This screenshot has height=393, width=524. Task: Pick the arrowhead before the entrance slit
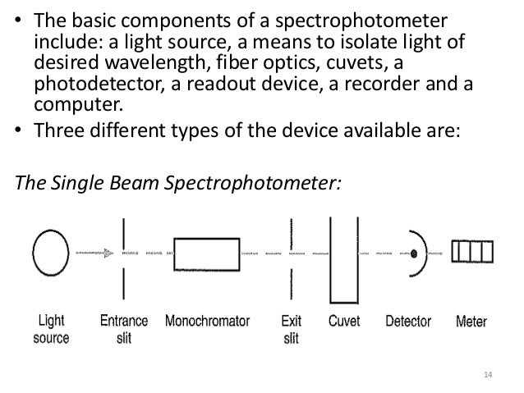coord(108,254)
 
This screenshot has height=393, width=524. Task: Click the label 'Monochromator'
coord(207,321)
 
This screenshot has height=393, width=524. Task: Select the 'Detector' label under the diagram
coord(408,321)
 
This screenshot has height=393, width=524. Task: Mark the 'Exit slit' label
coord(292,328)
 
